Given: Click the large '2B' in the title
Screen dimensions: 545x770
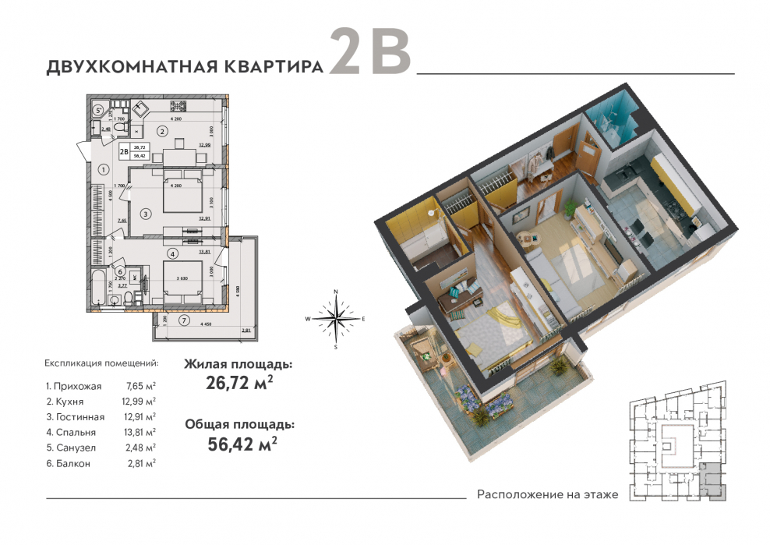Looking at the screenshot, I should click(369, 53).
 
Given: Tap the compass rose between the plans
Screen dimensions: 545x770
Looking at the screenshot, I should click(335, 319).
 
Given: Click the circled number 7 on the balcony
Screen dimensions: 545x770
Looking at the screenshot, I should click(184, 320).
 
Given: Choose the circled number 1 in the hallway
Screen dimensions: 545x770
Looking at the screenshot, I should click(103, 168).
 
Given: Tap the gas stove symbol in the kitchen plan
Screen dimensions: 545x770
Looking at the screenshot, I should click(142, 109).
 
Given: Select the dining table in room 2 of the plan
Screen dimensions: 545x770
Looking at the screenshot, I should click(178, 144).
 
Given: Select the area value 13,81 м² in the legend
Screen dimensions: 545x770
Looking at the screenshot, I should click(140, 431).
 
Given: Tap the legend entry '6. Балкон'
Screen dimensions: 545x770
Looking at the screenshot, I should click(68, 462).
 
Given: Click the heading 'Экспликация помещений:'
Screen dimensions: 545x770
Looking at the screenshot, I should click(101, 363).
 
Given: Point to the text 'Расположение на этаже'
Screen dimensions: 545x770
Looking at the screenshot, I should click(547, 494).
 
